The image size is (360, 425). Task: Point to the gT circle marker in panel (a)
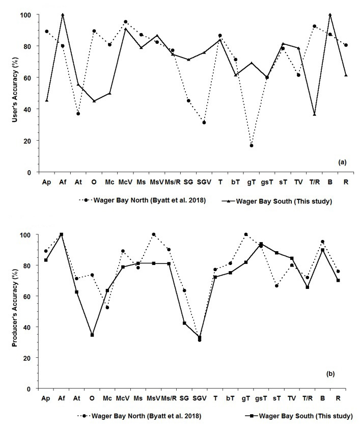coord(252,146)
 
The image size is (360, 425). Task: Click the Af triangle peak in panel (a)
coord(63,15)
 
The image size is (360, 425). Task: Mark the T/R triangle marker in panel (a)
coord(314,114)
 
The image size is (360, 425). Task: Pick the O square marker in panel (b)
coord(92,335)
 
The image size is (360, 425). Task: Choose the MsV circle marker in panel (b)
coord(154,234)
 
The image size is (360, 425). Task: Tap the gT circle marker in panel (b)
coord(246,234)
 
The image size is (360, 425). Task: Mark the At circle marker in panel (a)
coord(78,114)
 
